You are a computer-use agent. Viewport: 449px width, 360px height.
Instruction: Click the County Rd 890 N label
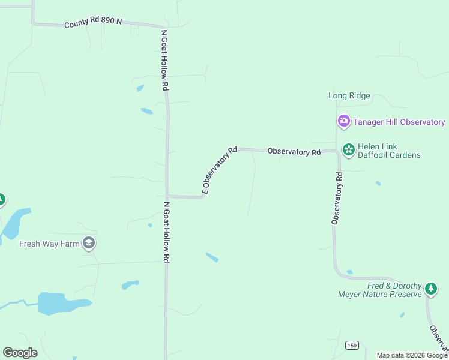coord(93,22)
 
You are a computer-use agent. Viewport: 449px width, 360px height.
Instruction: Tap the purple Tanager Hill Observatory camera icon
coord(343,122)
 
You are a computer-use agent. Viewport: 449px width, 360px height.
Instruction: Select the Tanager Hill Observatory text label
coord(399,122)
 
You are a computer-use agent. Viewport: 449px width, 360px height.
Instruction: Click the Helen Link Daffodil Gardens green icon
coord(348,149)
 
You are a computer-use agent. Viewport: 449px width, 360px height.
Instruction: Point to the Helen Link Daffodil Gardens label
coord(389,151)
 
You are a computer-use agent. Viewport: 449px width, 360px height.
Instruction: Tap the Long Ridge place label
coord(349,95)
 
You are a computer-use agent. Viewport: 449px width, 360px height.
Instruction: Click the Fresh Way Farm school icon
coord(89,243)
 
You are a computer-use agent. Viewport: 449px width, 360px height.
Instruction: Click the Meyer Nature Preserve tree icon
coord(430,289)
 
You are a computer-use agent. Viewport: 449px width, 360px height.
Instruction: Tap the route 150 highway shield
coord(352,345)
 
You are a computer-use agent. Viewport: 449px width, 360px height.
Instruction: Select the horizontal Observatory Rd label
coord(294,152)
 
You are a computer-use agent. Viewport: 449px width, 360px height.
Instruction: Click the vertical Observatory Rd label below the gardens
coord(337,199)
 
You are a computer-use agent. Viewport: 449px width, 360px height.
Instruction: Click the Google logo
coord(20,353)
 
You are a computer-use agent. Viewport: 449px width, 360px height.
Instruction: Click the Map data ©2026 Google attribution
coord(412,355)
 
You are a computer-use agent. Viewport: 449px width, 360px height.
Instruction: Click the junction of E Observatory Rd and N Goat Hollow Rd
coord(167,196)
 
